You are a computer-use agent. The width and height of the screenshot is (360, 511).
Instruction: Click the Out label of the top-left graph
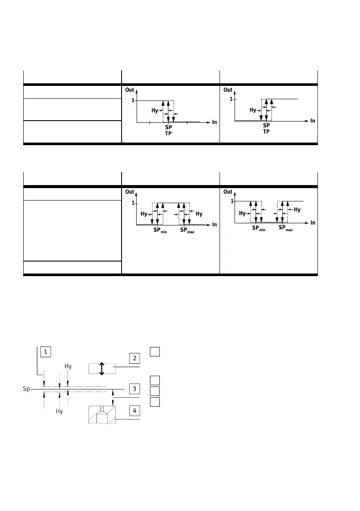130,90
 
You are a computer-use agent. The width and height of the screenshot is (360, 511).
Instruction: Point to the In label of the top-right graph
313,121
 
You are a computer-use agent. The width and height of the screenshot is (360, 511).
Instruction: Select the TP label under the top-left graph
168,134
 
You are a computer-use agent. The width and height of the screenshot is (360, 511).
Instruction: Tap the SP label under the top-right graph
266,125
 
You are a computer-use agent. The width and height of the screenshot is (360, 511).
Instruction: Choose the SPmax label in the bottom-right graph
285,228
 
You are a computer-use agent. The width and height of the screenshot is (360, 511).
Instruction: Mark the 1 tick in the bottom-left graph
133,203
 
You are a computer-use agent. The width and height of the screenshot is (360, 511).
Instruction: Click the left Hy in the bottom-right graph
242,213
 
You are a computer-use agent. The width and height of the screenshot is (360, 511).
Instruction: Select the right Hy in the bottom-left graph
198,213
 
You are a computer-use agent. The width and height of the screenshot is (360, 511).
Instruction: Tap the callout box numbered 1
46,352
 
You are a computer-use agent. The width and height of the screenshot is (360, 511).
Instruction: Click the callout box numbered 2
135,358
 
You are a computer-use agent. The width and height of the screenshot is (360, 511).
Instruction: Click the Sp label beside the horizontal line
26,389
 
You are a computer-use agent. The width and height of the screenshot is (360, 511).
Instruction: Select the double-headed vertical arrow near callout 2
102,368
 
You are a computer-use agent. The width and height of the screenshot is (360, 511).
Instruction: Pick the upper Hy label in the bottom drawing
68,366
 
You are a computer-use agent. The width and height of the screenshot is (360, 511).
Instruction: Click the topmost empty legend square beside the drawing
155,352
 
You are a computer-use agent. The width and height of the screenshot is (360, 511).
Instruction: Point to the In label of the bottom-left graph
214,225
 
